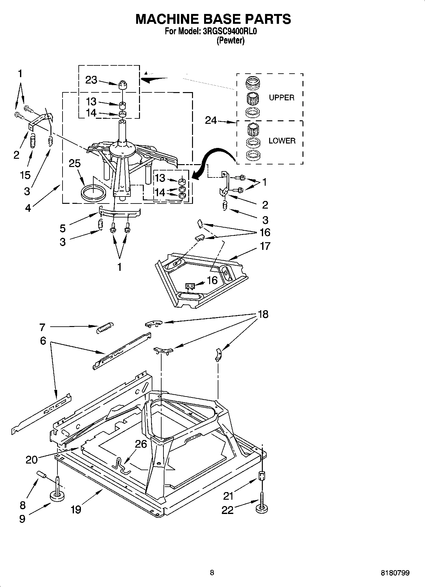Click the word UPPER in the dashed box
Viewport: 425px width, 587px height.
point(282,98)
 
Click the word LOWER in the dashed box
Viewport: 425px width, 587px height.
point(282,141)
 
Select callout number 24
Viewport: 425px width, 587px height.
point(211,120)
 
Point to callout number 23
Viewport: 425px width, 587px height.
point(91,80)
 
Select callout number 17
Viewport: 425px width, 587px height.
point(265,246)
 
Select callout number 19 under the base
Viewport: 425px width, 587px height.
point(76,509)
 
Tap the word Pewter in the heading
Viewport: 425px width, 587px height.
point(230,41)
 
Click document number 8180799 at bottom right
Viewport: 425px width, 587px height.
point(395,573)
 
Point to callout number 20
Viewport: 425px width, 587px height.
point(31,459)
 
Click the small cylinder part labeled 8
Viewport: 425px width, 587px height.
point(42,474)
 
